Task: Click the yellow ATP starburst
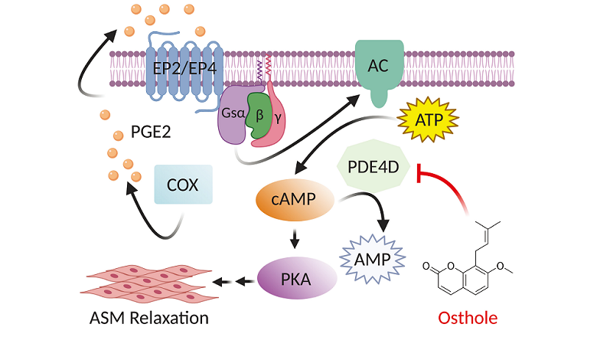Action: click(428, 119)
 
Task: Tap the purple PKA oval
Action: click(295, 277)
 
